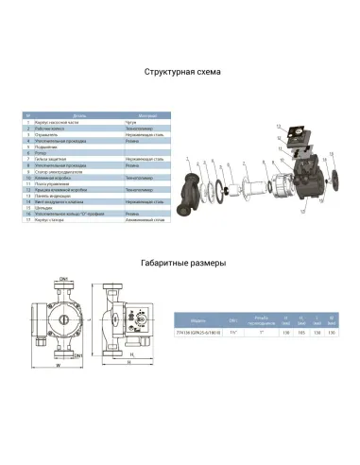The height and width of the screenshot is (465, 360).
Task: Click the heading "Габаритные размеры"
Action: click(x=180, y=265)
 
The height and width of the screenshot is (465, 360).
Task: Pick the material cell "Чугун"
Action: click(x=131, y=124)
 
